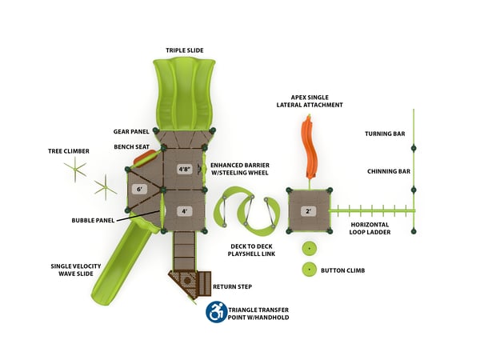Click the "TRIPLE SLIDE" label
pos(185,50)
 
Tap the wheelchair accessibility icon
pos(215,312)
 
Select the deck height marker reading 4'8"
pos(184,169)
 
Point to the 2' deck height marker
pos(308,212)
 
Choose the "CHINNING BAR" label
pos(389,171)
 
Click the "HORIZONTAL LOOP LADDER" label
pos(370,229)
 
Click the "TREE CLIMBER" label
pos(68,150)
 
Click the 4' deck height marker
pos(184,211)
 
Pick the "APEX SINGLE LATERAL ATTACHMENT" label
pos(310,100)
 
